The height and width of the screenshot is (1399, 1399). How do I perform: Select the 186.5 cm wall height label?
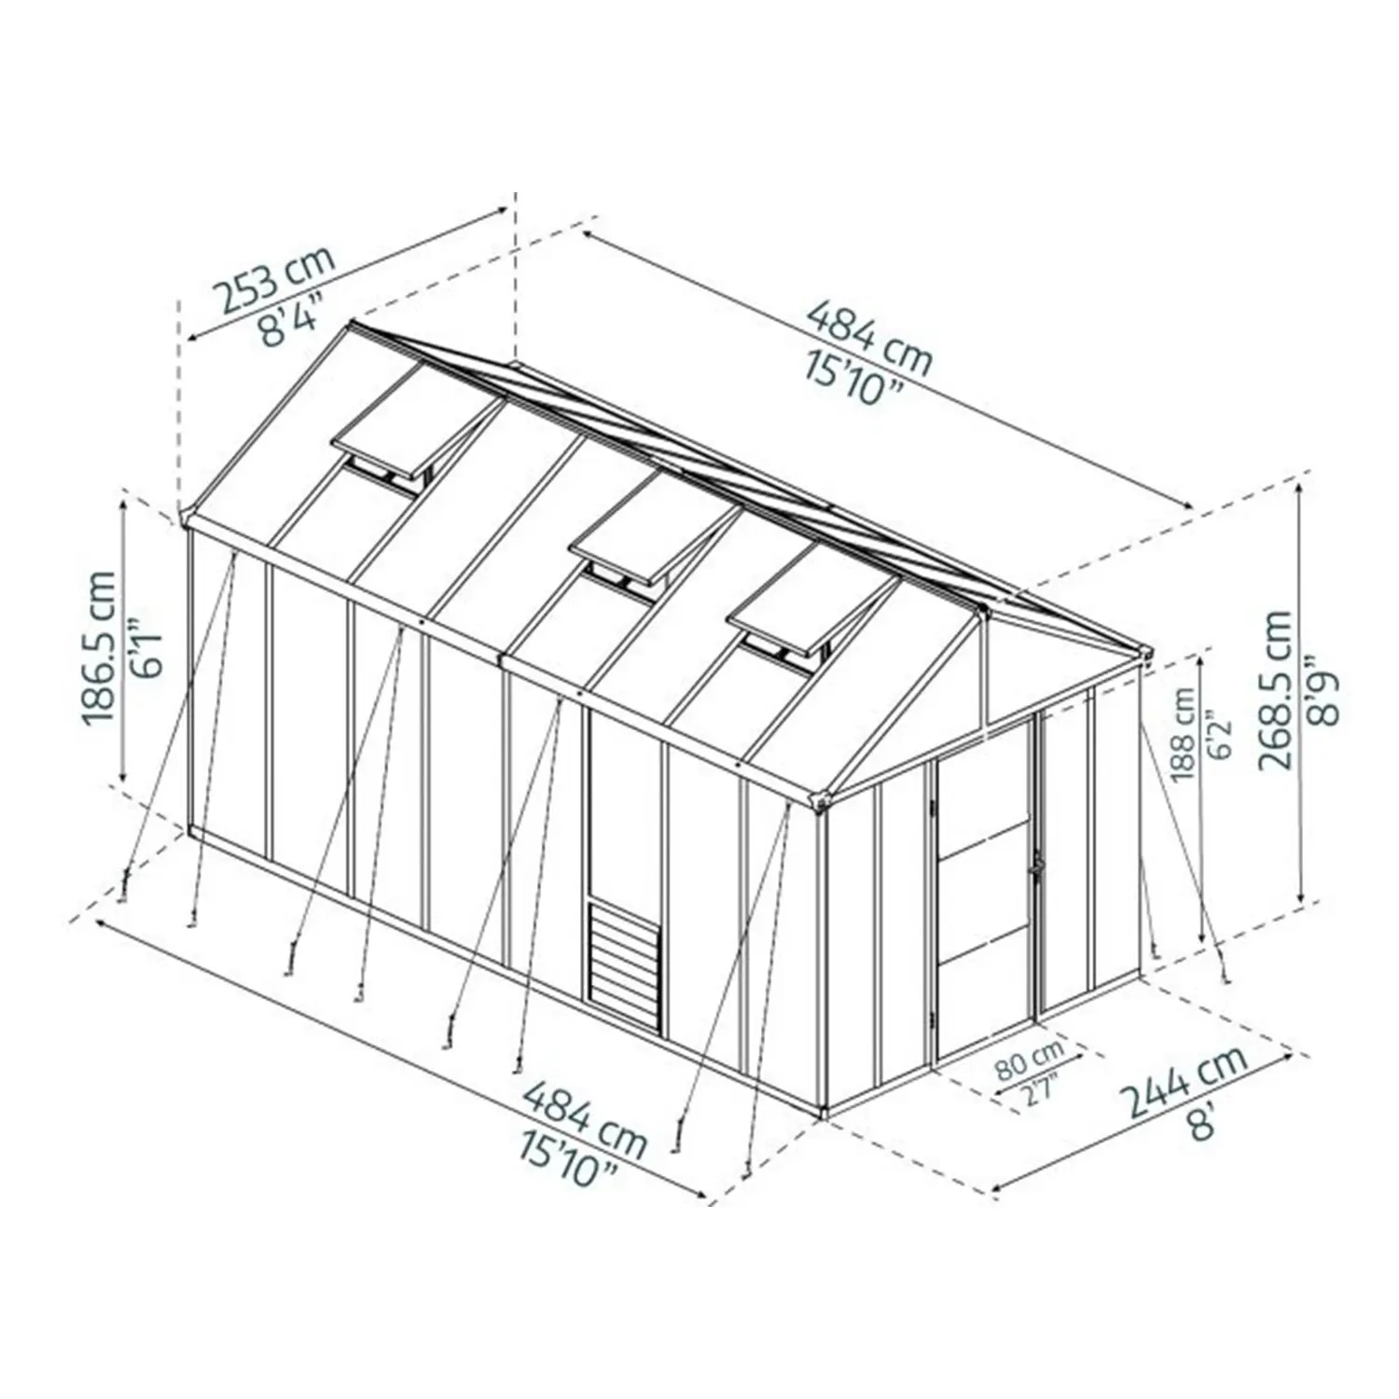point(99,648)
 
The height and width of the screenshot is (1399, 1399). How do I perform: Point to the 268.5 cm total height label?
point(1273,689)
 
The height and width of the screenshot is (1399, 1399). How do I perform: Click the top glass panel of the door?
point(984,797)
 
